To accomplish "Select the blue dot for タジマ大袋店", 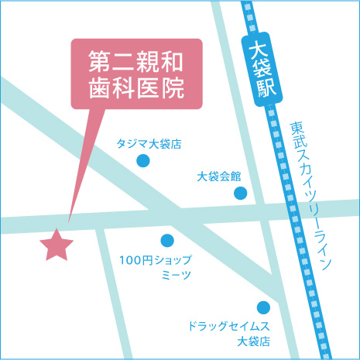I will [x=143, y=161].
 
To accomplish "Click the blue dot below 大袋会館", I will [x=241, y=193].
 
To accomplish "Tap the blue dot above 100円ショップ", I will [x=167, y=240].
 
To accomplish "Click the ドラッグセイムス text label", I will [x=229, y=325].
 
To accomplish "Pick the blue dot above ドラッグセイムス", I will [x=263, y=307].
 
